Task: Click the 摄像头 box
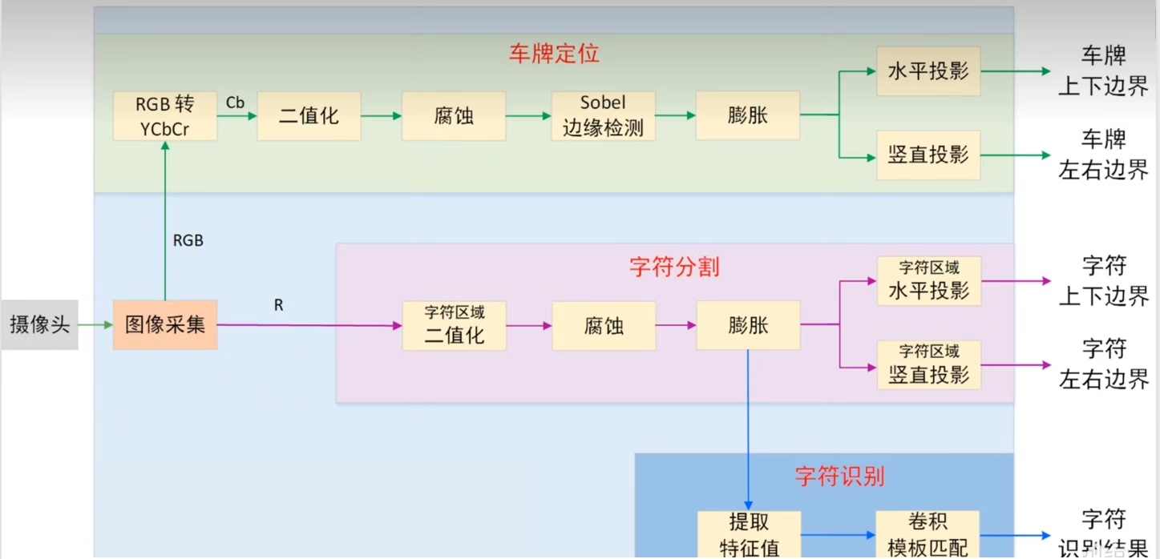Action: (x=39, y=325)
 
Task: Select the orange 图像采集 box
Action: (x=165, y=325)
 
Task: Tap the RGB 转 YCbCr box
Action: (x=164, y=116)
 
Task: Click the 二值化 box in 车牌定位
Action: (x=309, y=116)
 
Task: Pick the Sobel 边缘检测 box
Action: (x=603, y=116)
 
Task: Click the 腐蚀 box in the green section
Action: (x=454, y=116)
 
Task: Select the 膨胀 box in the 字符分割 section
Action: (x=748, y=325)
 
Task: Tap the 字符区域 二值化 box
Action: (x=454, y=325)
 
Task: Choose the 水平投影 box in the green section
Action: (x=928, y=71)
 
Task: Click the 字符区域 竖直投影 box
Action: (x=928, y=365)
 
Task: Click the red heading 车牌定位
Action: (x=554, y=54)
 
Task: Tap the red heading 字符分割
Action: (x=674, y=267)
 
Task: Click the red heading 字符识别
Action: (x=839, y=477)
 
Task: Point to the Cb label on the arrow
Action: (x=235, y=103)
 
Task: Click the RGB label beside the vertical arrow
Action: (x=188, y=239)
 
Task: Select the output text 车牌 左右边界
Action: (x=1103, y=155)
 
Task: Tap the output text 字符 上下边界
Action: (x=1103, y=281)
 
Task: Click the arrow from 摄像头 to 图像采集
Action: (x=95, y=325)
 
